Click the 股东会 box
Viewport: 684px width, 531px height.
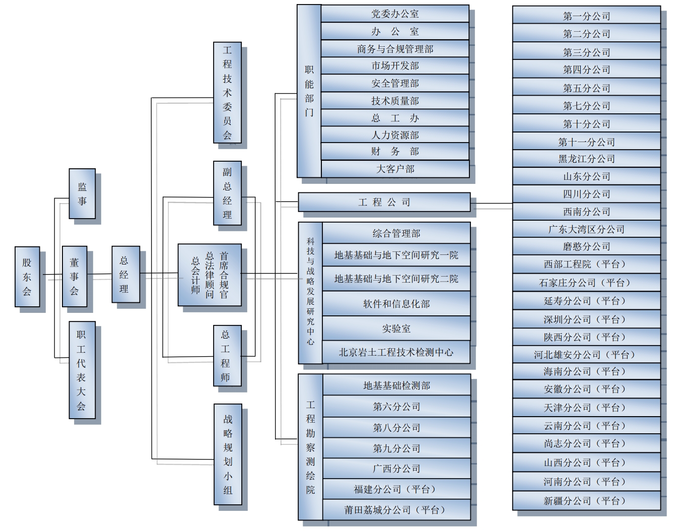(27, 277)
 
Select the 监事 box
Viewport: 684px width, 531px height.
(82, 193)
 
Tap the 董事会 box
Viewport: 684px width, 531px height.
(75, 276)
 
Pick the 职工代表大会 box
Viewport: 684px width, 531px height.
(82, 370)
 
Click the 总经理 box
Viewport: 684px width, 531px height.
(125, 275)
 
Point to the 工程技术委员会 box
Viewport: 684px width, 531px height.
(228, 92)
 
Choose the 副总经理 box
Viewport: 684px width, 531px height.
(228, 193)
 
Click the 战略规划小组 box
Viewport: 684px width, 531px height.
(228, 454)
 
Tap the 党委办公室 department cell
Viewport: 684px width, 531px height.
(395, 14)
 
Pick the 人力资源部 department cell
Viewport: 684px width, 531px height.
(395, 135)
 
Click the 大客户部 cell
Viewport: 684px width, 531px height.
(395, 169)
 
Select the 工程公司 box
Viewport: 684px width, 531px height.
(384, 202)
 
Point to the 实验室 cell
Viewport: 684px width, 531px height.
(396, 328)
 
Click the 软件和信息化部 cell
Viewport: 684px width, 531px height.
(396, 304)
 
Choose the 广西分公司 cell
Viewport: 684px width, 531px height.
(396, 469)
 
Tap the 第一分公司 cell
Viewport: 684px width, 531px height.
(586, 16)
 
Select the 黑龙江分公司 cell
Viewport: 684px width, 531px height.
(586, 159)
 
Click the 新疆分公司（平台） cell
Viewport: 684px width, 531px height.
(586, 501)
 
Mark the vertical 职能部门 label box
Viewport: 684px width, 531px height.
(309, 91)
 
